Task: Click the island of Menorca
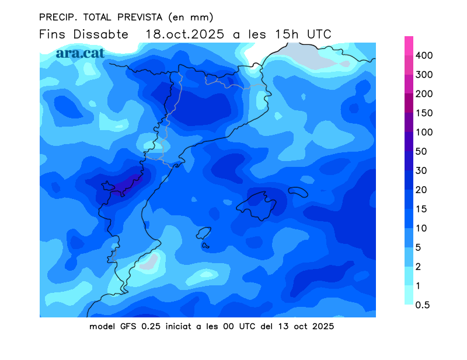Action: tap(298, 192)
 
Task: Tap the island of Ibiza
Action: tap(204, 233)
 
